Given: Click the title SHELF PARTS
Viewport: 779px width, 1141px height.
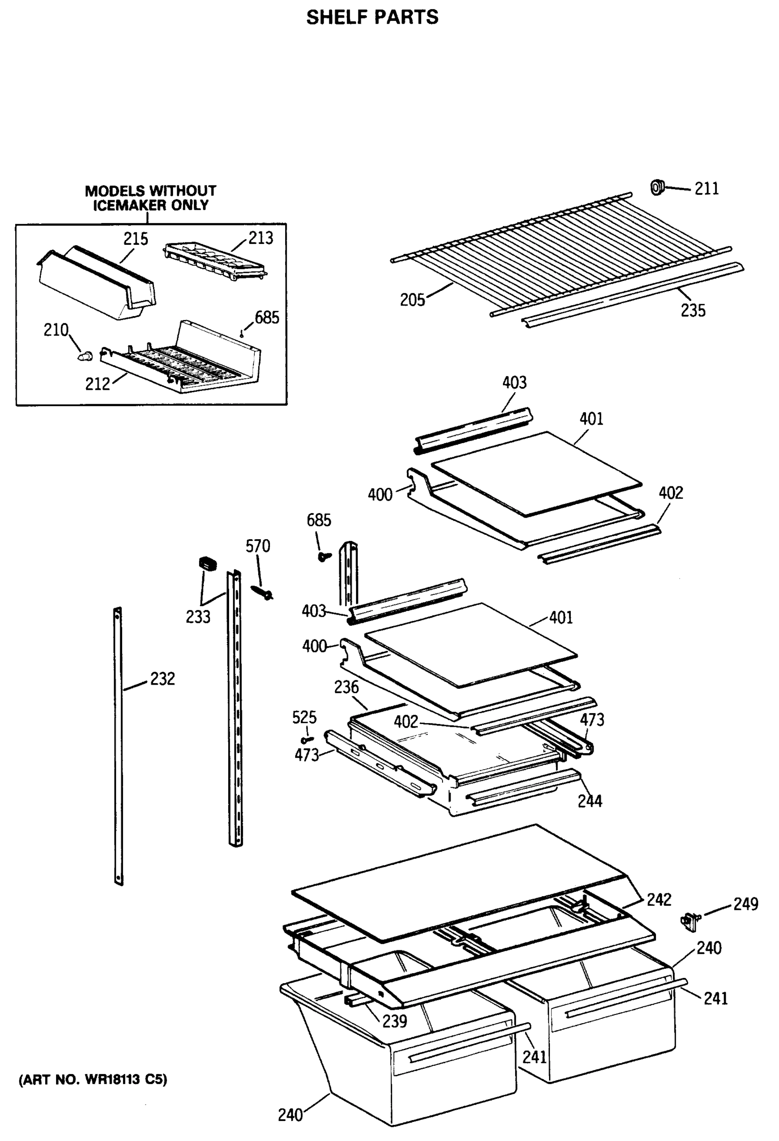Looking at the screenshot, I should pos(372,17).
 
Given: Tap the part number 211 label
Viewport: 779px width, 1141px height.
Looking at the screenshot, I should pos(706,189).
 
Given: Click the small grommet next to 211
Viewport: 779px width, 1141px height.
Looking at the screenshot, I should pos(657,187).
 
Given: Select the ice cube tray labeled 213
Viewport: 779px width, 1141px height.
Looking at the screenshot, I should pos(214,261).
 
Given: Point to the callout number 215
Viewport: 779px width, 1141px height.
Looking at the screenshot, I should pos(135,239).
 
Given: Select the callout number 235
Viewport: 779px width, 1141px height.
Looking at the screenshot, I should pos(692,310).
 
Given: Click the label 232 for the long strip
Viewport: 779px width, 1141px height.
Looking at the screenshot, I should pos(162,678).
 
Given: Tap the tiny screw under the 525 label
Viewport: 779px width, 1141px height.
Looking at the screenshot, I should pos(306,739).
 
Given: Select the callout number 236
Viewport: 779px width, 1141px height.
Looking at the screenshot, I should pos(346,687).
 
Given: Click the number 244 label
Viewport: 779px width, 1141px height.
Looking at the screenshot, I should pos(589,801).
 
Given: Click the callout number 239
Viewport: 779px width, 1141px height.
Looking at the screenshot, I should pos(394,1021).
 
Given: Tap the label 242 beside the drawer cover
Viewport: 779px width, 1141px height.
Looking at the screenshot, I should pos(658,899).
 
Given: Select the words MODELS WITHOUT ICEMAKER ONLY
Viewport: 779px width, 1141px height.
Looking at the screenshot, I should pos(150,198).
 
